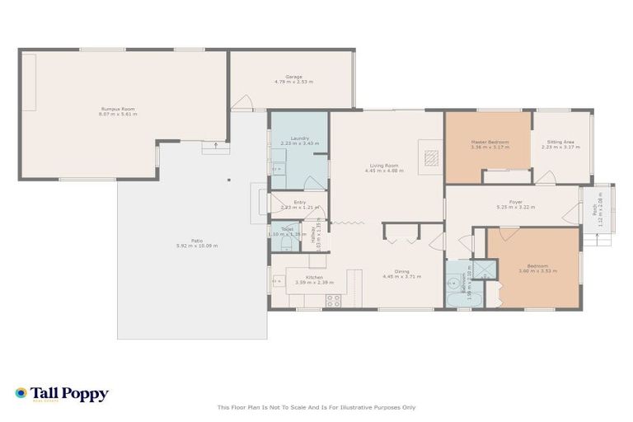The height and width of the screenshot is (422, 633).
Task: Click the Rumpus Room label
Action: coord(118,109)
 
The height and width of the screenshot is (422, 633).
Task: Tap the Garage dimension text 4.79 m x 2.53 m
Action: coord(293,82)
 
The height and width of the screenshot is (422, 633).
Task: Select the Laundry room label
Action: coord(300,138)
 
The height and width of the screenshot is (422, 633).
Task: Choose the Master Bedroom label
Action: coord(490,142)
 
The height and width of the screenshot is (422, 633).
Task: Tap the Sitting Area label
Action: coord(560,142)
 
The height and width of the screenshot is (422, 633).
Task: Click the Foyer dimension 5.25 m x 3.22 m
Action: coord(515,208)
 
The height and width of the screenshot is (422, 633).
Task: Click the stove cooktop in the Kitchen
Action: coord(334,300)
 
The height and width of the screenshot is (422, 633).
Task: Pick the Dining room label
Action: coord(401,271)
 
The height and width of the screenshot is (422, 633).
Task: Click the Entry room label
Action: coord(299,202)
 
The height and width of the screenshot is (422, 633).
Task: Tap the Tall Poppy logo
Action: coord(62,394)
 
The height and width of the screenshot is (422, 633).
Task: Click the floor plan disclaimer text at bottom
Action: coord(316,407)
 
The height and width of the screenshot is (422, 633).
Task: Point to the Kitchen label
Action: coord(314,278)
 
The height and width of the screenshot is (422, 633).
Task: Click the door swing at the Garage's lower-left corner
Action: coord(241,103)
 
